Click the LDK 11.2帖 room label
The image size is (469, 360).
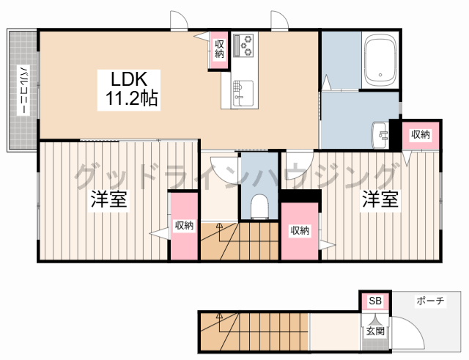point(129,89)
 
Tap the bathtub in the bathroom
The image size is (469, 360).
point(380,60)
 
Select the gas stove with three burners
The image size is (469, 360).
point(243,45)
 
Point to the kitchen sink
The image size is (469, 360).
point(243,93)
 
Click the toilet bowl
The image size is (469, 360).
point(259,207)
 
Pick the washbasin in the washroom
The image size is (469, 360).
point(380,135)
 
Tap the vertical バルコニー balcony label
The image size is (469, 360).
point(23,90)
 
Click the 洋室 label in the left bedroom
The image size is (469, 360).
point(109,199)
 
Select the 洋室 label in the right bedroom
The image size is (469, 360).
point(380,199)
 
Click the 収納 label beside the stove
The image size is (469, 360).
point(219,49)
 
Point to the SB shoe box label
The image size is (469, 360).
point(375,301)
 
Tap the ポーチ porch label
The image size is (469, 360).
point(430,301)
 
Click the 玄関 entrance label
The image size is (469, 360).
point(375,331)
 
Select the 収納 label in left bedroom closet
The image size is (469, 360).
point(184,225)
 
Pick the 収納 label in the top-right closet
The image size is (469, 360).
point(421,135)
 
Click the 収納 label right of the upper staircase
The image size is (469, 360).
point(300,230)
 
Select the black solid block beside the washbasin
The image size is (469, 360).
point(395,134)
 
